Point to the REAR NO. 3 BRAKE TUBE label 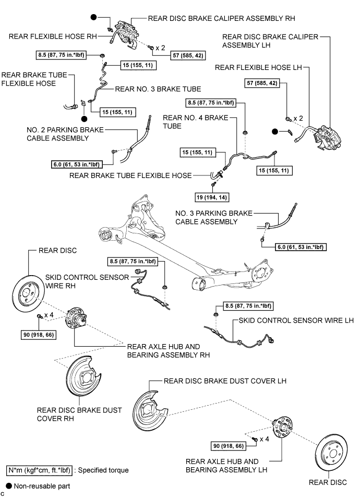tap(158, 89)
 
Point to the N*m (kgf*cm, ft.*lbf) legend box tap(39, 470)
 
